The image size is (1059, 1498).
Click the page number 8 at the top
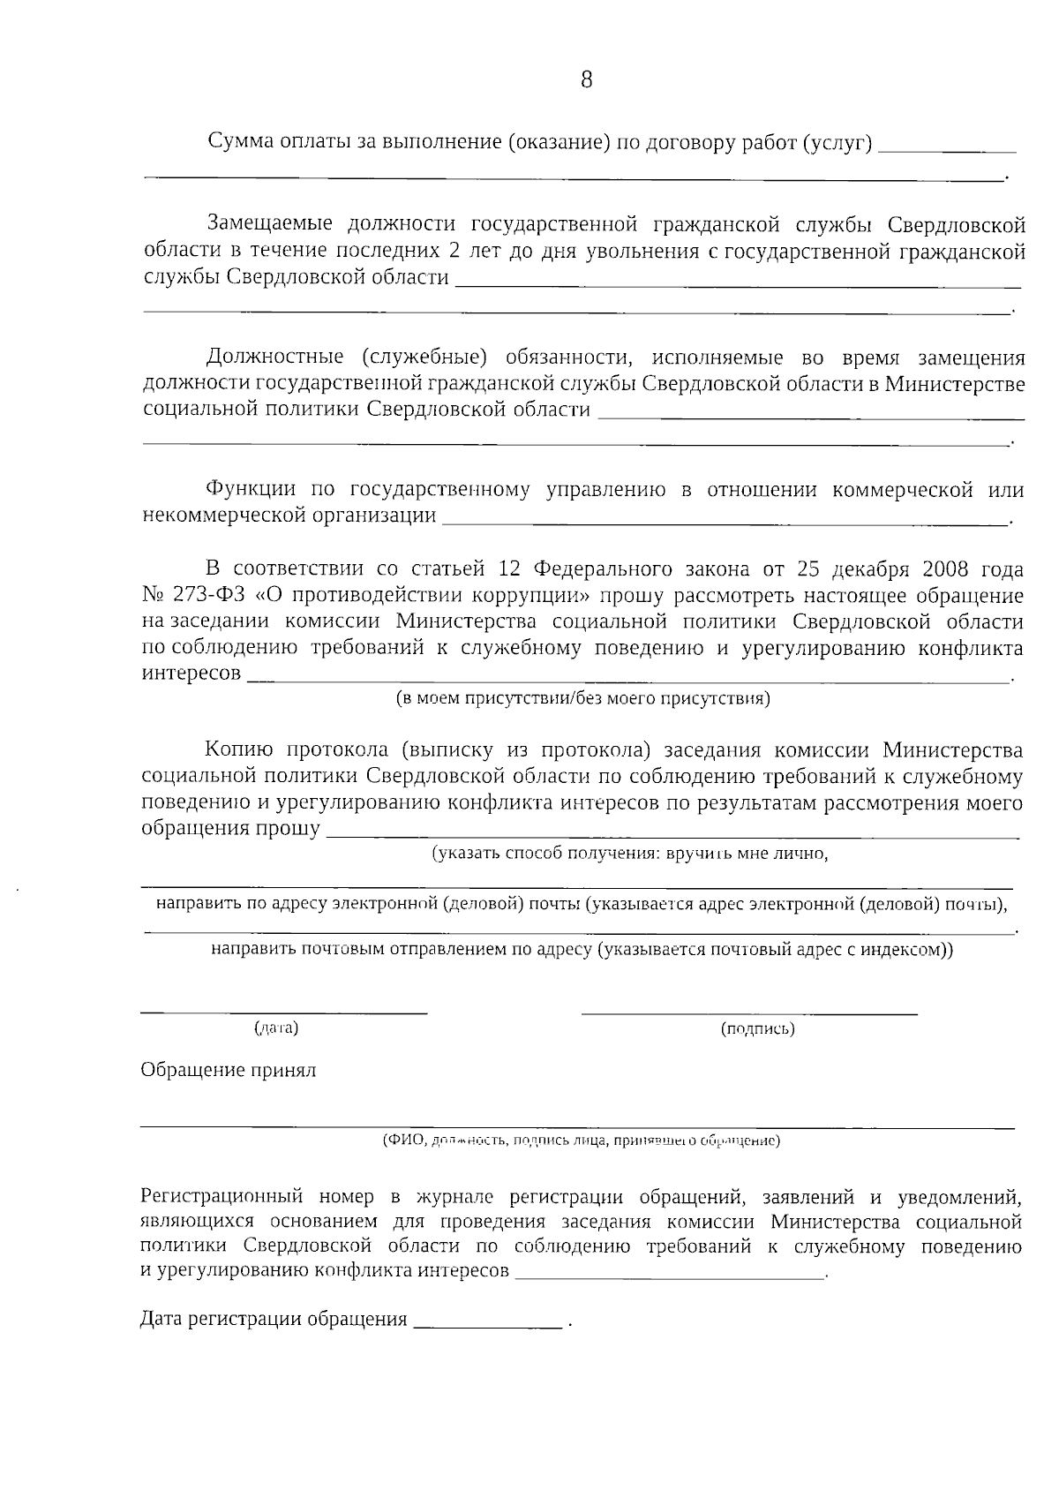(x=586, y=80)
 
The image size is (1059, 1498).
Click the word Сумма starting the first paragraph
(x=237, y=141)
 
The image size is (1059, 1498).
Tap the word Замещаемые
(x=269, y=225)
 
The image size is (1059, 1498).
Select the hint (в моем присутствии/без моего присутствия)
(x=582, y=699)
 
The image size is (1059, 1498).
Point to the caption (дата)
(x=276, y=1028)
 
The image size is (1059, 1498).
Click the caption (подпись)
(x=757, y=1028)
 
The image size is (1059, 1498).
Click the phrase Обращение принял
(x=228, y=1071)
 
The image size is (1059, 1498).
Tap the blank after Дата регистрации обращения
(x=487, y=1324)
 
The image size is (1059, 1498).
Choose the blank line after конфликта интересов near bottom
(x=669, y=1276)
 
